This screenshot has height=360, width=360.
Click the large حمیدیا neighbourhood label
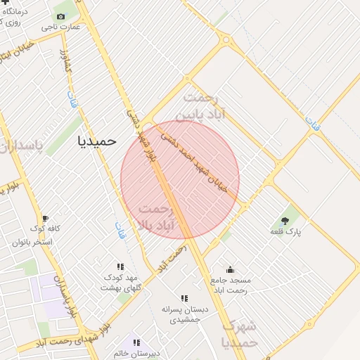96,141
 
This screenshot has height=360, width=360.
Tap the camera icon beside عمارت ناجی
60,16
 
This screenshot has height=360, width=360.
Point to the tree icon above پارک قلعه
285,221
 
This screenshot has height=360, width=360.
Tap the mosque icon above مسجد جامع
230,269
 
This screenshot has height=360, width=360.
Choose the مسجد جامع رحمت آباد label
230,285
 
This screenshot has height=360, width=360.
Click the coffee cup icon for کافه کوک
46,218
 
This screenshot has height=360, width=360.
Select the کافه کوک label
45,229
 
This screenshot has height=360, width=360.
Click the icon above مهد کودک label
120,266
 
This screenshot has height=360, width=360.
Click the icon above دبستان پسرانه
184,298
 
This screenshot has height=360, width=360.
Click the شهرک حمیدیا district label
240,335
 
